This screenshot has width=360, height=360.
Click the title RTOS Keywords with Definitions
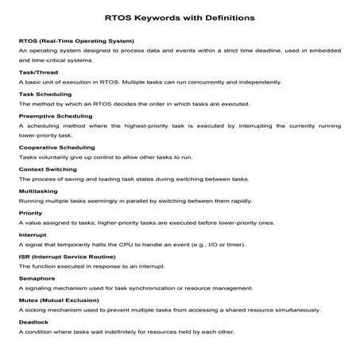180,15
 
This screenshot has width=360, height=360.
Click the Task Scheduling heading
44,94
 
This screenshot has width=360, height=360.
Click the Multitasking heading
38,191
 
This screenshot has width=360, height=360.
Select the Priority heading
30,213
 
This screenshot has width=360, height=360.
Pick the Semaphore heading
36,278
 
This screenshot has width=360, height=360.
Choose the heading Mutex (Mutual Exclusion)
58,300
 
